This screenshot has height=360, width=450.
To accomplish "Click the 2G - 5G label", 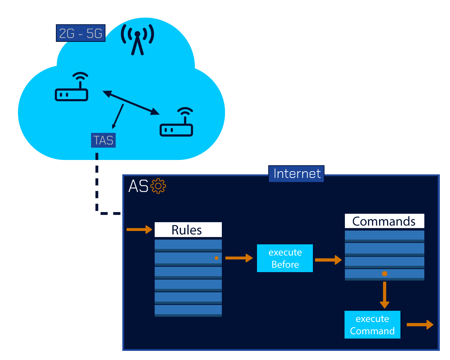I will (81, 33).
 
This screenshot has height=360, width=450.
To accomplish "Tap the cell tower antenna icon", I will (137, 39).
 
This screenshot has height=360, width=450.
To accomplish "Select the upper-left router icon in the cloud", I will (72, 88).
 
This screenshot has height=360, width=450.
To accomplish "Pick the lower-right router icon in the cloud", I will (176, 123).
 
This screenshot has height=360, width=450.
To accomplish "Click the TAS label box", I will (103, 140).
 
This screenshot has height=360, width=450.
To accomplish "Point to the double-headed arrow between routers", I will (131, 103).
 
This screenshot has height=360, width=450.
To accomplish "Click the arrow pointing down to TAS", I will (118, 116).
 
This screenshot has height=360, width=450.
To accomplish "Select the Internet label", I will (296, 174).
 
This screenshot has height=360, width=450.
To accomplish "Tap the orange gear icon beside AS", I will (158, 186).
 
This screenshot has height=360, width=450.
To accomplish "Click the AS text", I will (138, 186).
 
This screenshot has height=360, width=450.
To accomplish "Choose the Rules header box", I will (188, 230).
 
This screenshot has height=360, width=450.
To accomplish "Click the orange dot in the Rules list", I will (217, 258).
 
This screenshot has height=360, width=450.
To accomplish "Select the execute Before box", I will (285, 258).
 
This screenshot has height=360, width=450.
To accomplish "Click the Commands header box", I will (384, 221).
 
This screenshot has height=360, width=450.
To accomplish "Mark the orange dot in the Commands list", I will (385, 274).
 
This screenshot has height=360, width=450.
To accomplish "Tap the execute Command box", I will (372, 325).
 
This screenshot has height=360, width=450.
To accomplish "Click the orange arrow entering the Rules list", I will (139, 230).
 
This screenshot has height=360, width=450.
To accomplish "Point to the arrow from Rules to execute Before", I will (239, 258).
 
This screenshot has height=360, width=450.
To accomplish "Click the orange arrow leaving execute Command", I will (420, 325).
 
